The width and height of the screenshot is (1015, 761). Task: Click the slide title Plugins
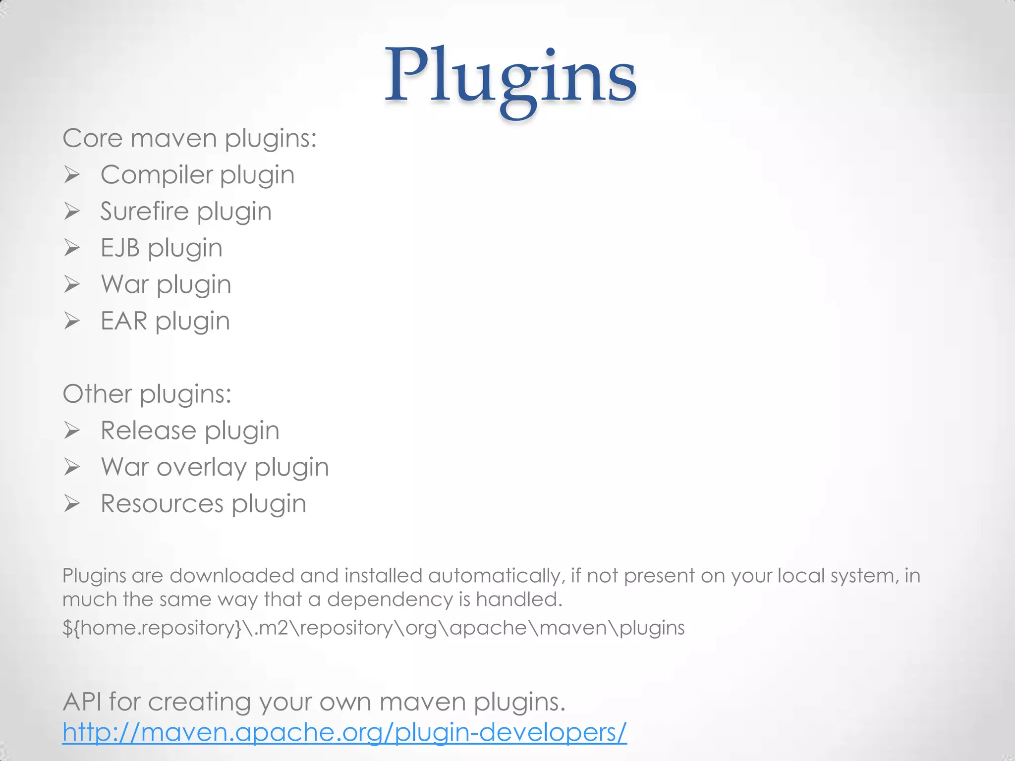click(510, 77)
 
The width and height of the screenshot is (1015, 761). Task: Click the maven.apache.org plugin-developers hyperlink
click(344, 732)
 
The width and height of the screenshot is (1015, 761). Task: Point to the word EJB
click(120, 248)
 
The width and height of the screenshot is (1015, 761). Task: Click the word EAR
click(123, 321)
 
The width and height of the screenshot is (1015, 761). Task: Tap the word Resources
click(162, 504)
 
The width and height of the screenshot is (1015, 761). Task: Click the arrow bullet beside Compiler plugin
click(72, 175)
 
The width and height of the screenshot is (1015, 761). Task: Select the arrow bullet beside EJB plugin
click(72, 248)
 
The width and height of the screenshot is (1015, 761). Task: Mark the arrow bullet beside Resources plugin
click(72, 504)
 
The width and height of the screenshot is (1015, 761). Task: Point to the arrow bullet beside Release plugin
click(72, 431)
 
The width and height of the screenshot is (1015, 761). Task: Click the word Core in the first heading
click(92, 138)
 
